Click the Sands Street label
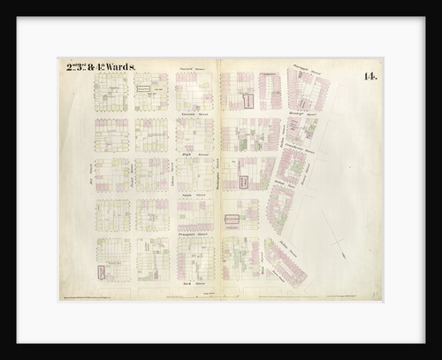(x=194, y=194)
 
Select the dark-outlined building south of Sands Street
(x=232, y=218)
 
